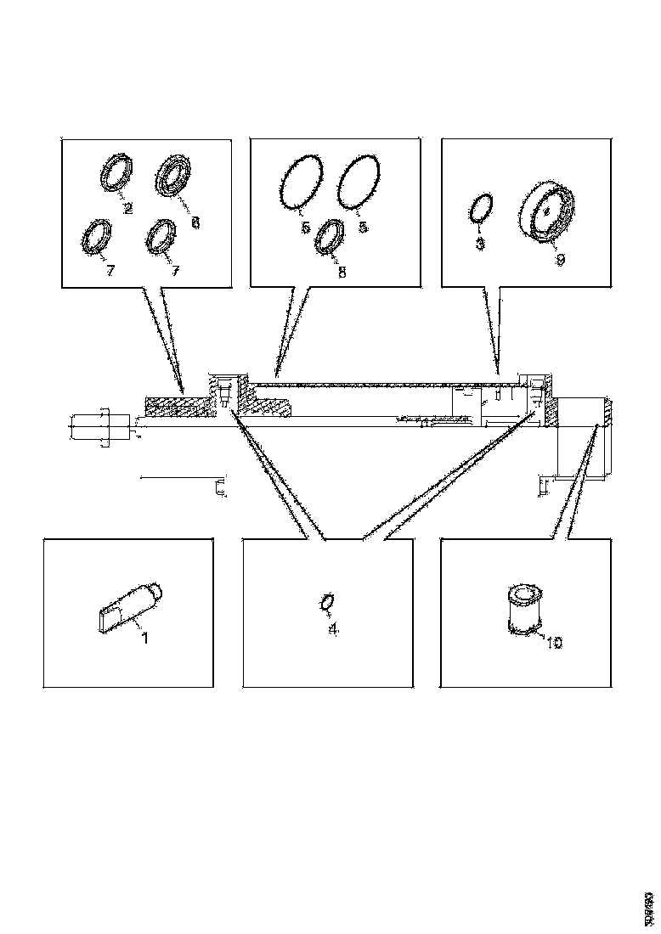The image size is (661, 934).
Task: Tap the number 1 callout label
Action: pos(145,638)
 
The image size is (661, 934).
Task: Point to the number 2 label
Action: pos(127,208)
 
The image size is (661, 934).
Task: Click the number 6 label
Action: pos(195,222)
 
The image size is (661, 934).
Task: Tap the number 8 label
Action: pos(342,273)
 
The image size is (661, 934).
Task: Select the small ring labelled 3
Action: pos(481,208)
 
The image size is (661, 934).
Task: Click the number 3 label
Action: pos(480,244)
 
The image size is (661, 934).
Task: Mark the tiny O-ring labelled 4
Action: pos(327,602)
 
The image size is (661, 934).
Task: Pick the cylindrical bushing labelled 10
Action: pos(523,606)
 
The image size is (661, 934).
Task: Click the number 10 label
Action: pos(553,644)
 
